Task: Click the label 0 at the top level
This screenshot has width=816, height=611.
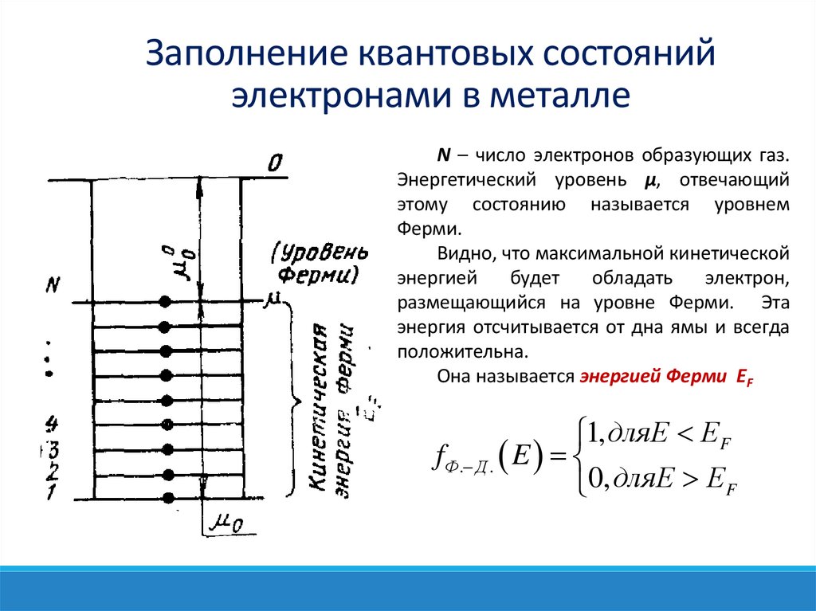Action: pyautogui.click(x=274, y=165)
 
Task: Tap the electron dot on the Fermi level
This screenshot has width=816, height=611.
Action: pyautogui.click(x=166, y=302)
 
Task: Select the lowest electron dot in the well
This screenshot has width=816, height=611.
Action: pyautogui.click(x=167, y=498)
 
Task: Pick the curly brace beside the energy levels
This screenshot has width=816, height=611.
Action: pyautogui.click(x=293, y=398)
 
